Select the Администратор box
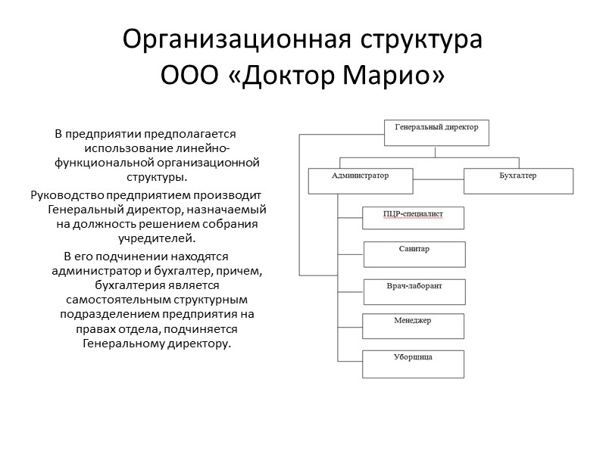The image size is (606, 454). (x=361, y=181)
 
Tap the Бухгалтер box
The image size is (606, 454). (x=518, y=181)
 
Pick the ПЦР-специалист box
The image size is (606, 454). (x=413, y=218)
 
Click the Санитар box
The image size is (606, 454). (x=414, y=253)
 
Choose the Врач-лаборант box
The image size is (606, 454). (x=414, y=291)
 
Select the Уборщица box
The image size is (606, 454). (x=413, y=363)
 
